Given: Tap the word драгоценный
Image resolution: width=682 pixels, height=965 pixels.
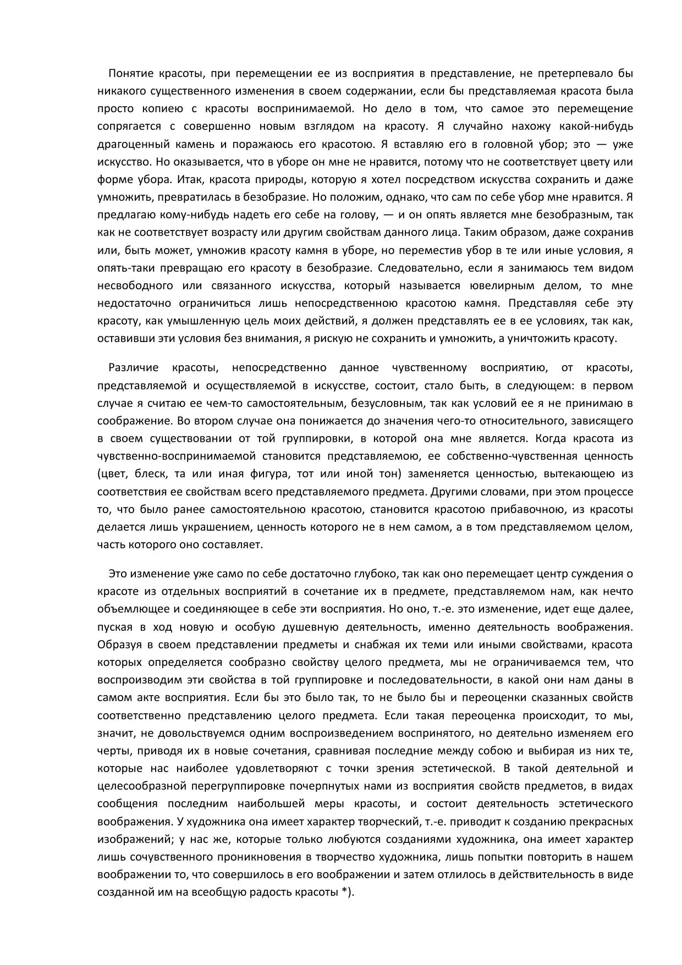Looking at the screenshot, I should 128,144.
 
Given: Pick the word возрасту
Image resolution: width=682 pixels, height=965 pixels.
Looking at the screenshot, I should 242,233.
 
